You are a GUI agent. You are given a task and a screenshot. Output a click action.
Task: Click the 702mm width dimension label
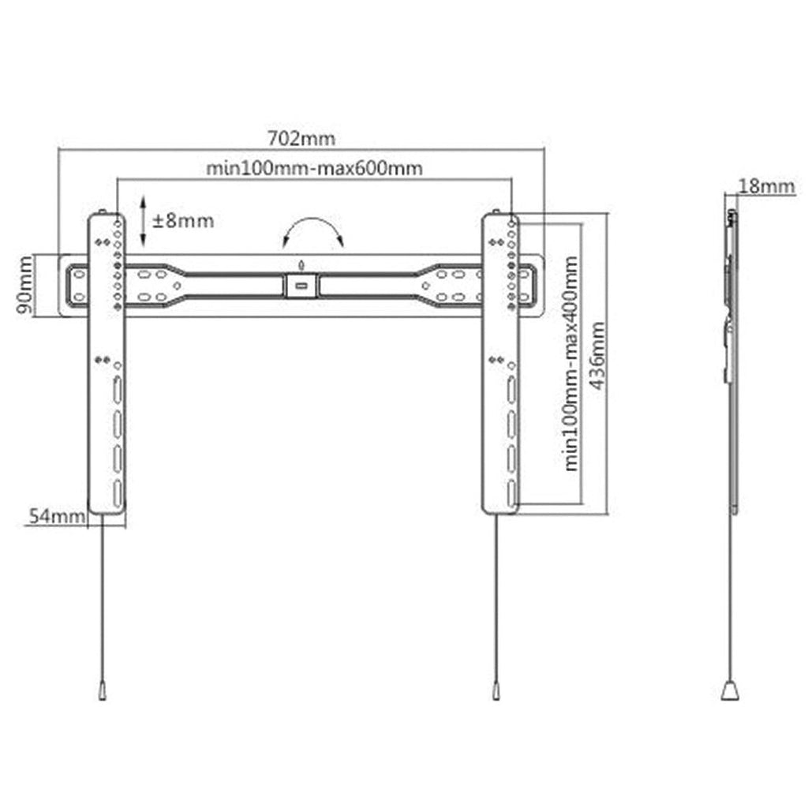pos(301,138)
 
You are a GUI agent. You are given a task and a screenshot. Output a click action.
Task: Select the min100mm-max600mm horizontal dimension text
pos(314,168)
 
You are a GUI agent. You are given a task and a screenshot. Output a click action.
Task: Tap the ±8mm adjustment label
pos(183,221)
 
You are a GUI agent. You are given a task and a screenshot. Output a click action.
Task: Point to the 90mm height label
pos(24,285)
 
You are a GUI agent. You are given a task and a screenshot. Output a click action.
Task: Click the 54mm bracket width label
pos(57,516)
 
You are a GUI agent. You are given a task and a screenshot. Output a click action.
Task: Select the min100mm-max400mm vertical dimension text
pos(571,363)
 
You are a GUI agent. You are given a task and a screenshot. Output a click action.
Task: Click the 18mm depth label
pos(767,186)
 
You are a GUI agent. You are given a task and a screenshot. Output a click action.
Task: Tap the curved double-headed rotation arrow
pos(313,221)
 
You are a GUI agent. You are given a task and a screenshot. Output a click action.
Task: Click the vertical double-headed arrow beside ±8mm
pos(144,221)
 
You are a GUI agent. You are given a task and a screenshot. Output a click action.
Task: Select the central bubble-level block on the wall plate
pos(301,286)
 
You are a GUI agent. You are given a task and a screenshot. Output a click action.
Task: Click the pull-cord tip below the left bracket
pos(103,690)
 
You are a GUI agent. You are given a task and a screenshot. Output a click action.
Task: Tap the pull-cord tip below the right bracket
pos(496,690)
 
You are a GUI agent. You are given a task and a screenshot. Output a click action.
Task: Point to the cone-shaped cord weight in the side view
pos(730,690)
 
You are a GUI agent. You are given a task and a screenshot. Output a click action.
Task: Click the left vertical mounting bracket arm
pos(107,364)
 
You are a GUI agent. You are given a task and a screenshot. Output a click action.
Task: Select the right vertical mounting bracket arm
pos(500,364)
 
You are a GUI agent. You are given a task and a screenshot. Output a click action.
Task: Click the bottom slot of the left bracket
pos(118,493)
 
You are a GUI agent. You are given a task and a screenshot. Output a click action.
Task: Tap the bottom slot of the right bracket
pos(511,493)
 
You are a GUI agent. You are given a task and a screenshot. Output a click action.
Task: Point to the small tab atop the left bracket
pos(102,211)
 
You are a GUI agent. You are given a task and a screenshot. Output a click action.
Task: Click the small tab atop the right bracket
pos(496,211)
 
